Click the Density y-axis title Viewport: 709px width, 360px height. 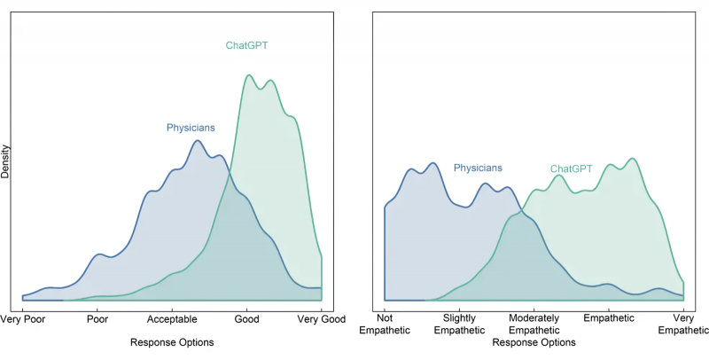click(5, 161)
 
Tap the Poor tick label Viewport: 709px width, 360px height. click(97, 318)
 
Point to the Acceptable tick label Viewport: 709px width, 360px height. click(172, 318)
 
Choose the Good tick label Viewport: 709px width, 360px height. click(246, 318)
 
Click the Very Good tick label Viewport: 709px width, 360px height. click(320, 318)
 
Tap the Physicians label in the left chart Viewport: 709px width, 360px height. click(191, 128)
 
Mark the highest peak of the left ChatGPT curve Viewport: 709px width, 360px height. click(249, 75)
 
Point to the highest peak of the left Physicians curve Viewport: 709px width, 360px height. click(198, 140)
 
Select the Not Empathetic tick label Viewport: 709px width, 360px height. click(384, 324)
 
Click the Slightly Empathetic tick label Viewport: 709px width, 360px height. click(459, 324)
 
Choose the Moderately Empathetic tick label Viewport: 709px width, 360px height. click(534, 324)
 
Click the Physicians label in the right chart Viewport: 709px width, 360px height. click(478, 167)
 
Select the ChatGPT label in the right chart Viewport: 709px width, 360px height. click(572, 168)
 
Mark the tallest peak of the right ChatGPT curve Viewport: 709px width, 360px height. click(632, 159)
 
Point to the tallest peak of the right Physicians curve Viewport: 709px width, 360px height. click(432, 163)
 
